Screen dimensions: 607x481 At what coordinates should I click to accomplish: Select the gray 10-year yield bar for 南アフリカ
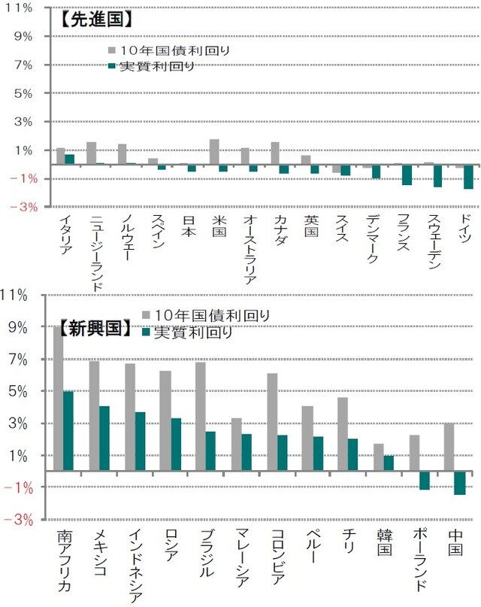[x=59, y=399]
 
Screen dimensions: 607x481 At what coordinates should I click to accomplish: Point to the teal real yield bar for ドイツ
[x=469, y=177]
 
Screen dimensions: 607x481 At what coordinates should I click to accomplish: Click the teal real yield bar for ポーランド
[x=424, y=481]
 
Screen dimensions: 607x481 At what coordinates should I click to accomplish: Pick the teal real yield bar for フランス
[x=407, y=175]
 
